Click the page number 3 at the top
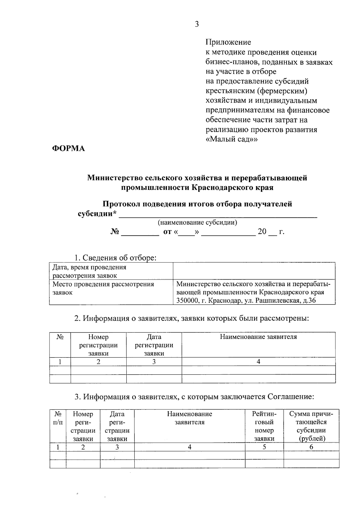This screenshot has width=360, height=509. click(197, 24)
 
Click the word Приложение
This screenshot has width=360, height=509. click(228, 42)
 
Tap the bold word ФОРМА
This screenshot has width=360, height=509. click(68, 148)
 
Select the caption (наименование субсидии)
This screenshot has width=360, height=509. click(197, 223)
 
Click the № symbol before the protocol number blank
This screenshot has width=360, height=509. click(115, 232)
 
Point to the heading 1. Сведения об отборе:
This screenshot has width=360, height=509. click(115, 258)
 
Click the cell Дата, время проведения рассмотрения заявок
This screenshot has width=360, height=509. click(89, 271)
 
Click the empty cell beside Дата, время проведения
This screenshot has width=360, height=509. click(254, 271)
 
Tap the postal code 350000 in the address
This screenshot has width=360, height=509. click(187, 301)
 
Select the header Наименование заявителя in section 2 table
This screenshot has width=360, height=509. click(258, 337)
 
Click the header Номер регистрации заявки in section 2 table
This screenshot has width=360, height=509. click(98, 345)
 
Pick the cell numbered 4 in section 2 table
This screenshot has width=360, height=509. click(258, 362)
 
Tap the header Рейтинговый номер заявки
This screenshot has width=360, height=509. click(264, 426)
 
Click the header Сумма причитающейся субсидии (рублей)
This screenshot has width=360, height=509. click(311, 426)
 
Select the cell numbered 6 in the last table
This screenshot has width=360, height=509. click(311, 447)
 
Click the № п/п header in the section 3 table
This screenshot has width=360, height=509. click(58, 418)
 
